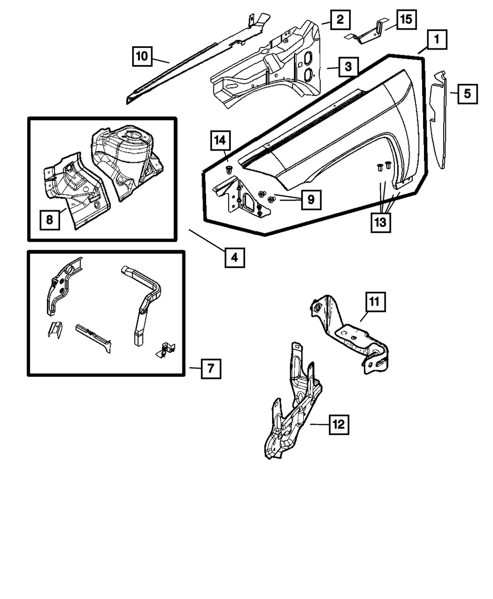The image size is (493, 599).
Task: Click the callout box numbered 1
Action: [x=437, y=39]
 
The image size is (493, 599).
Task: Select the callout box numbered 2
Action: [x=340, y=20]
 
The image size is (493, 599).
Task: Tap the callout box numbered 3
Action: [x=348, y=67]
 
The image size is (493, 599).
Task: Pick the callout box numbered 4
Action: [x=235, y=257]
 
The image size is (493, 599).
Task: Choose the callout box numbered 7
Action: [x=211, y=368]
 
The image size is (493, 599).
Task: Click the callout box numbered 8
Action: [x=50, y=220]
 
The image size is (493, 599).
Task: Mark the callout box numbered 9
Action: [x=311, y=200]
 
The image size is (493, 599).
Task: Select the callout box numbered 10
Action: [x=142, y=56]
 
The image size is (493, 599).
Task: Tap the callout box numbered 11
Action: [x=375, y=302]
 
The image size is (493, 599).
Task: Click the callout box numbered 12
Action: [x=339, y=424]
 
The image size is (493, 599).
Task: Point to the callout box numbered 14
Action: [x=220, y=141]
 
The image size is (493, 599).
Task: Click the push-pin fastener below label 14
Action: [x=228, y=169]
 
